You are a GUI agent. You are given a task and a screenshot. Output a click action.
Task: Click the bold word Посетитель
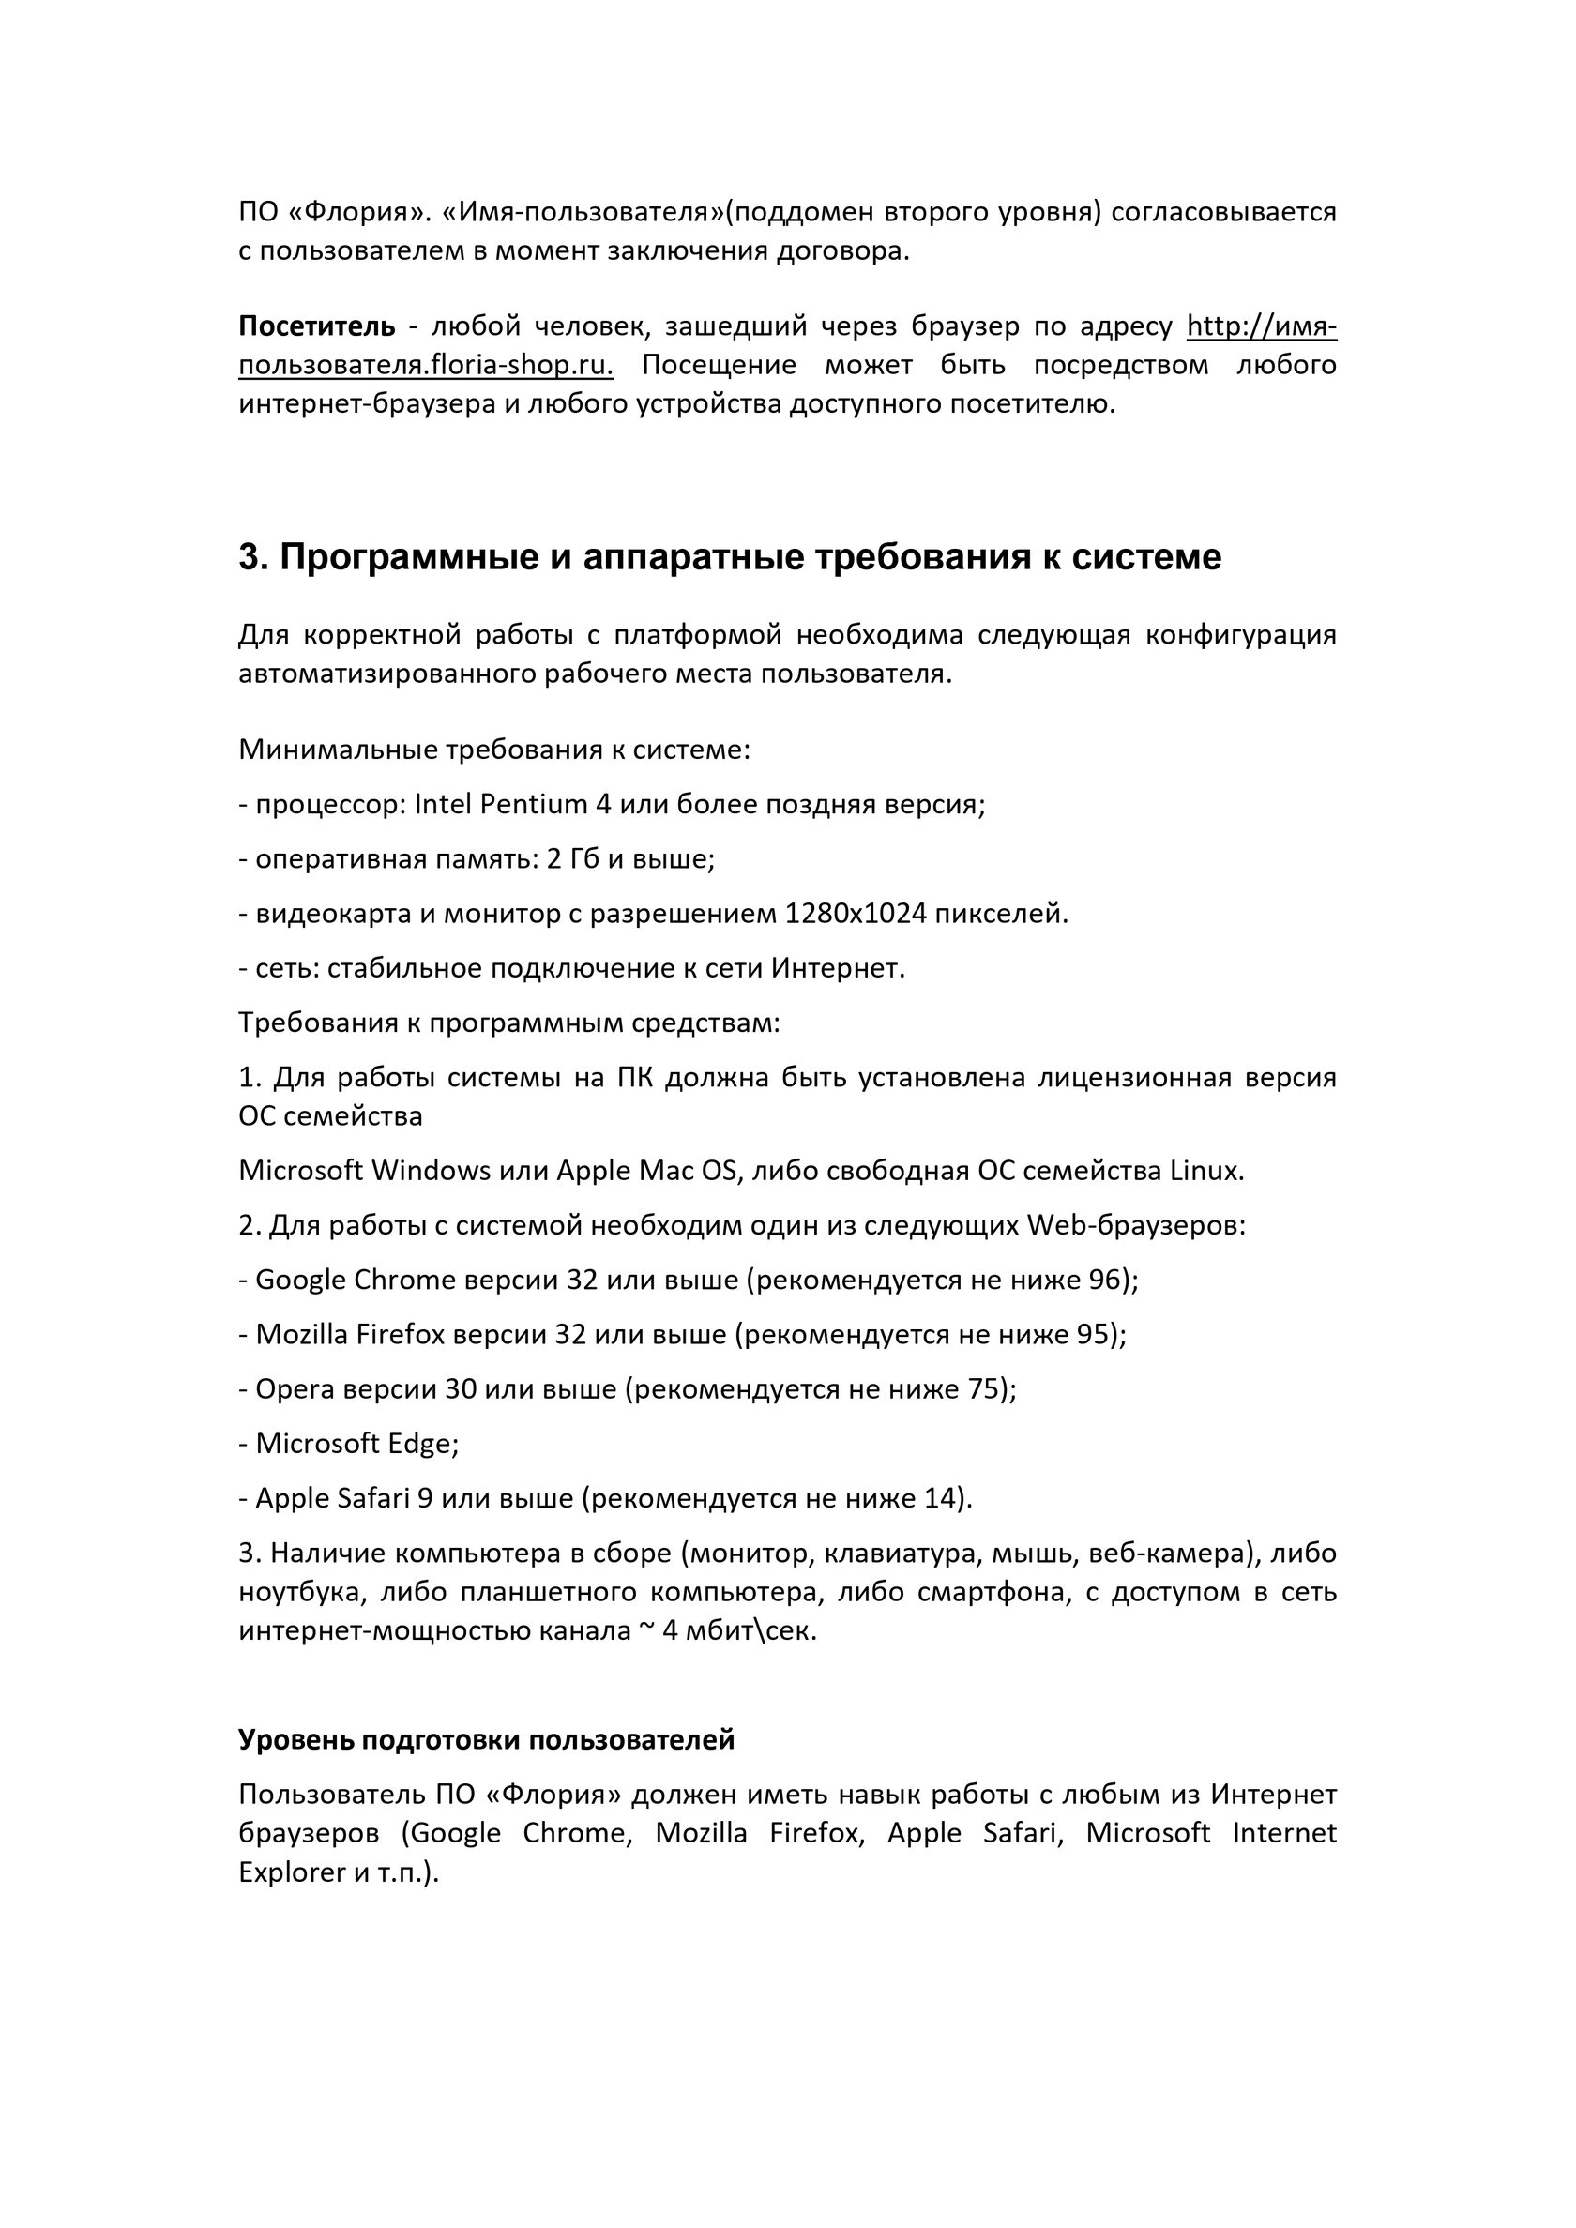click(x=316, y=326)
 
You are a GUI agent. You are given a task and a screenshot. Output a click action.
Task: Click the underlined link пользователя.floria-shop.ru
click(x=426, y=366)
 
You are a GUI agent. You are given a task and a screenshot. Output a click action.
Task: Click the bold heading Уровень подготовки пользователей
click(x=486, y=1740)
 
